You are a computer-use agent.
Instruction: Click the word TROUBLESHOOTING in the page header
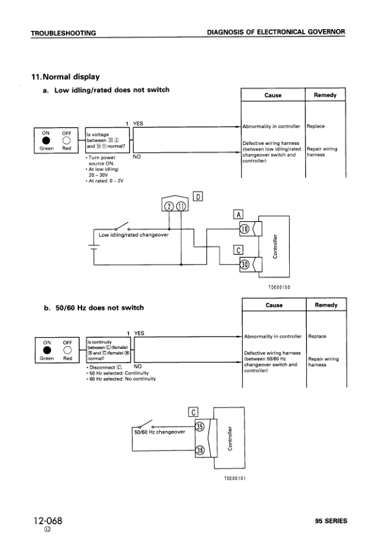click(63, 32)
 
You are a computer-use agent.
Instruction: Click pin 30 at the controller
click(244, 264)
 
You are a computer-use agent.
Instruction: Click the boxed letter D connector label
click(199, 195)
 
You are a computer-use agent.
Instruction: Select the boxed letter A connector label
click(237, 215)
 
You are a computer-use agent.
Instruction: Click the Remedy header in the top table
click(325, 95)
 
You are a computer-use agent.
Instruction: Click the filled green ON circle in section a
click(46, 140)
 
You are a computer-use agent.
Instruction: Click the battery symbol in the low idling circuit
click(93, 247)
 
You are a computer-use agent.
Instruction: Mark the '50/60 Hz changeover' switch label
click(159, 432)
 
